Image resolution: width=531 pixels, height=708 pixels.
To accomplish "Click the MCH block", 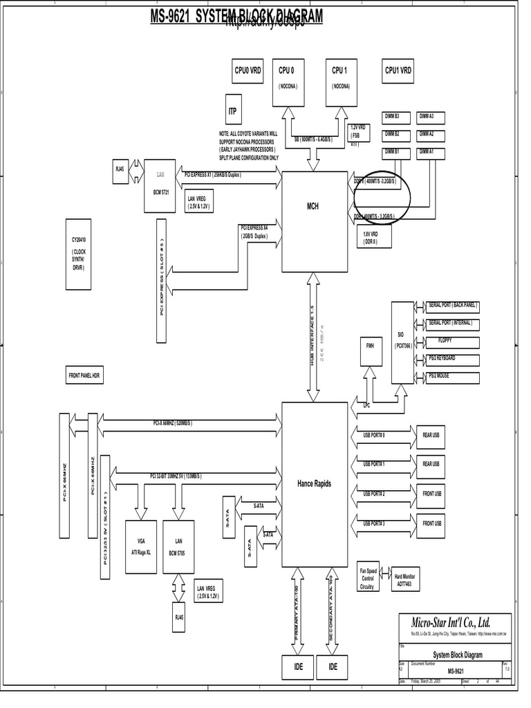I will (x=313, y=205).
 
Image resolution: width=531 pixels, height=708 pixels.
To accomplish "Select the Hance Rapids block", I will (x=313, y=483).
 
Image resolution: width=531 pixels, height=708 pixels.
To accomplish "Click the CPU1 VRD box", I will (x=398, y=71).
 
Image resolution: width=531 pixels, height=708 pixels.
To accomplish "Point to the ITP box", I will (x=232, y=111).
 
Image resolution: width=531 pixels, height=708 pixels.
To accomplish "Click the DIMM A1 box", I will (x=427, y=151).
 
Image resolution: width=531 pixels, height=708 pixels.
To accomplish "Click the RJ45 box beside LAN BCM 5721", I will (x=120, y=168).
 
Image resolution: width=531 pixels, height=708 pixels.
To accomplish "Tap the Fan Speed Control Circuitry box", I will (x=367, y=578).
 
